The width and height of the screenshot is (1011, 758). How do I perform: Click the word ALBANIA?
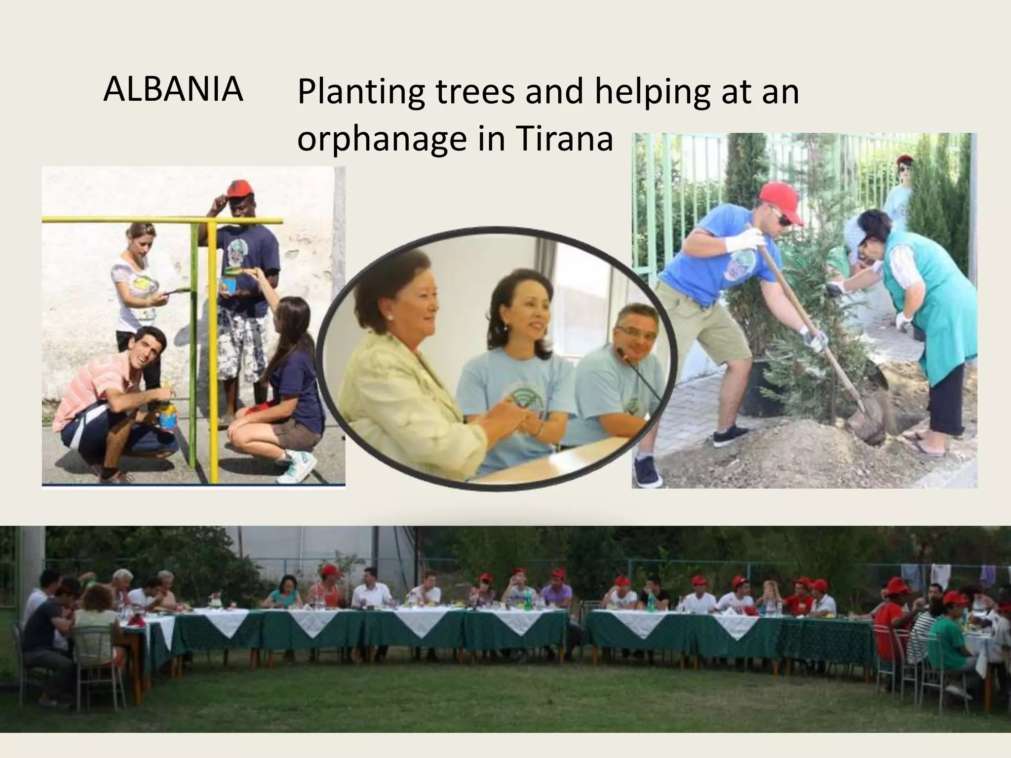click(173, 90)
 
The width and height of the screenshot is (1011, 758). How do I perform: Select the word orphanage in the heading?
click(381, 140)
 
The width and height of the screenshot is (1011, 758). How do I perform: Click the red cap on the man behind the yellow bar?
click(239, 188)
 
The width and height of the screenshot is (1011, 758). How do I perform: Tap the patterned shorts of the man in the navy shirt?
click(242, 336)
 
